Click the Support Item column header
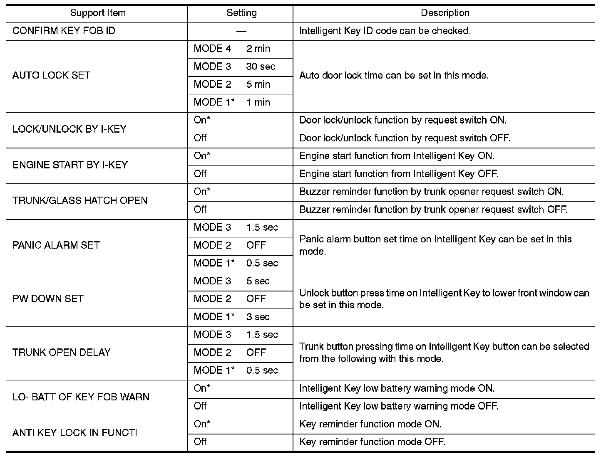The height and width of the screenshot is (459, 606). [x=98, y=13]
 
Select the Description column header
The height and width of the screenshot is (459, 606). [x=445, y=13]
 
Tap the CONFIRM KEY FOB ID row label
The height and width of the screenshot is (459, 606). [x=64, y=31]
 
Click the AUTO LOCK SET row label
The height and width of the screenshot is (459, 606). [x=51, y=76]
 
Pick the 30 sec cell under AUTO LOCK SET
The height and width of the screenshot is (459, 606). [x=261, y=67]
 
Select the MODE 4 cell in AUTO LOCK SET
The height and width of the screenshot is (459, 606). [x=212, y=49]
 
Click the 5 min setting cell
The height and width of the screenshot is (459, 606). [x=258, y=85]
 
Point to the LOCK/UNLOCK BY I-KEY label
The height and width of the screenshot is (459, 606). [x=69, y=129]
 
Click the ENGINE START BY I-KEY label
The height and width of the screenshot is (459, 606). [x=70, y=165]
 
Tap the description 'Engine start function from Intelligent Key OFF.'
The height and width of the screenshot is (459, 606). [x=399, y=174]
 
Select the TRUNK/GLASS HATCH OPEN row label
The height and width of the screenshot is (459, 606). [x=80, y=201]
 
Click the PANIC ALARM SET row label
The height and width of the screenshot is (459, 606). [x=56, y=245]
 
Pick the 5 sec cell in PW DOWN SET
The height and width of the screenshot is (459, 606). [x=258, y=281]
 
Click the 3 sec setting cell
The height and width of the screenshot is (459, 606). [x=258, y=317]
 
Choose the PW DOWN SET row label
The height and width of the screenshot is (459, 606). [x=48, y=299]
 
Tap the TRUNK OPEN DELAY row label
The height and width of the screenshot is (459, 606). [x=62, y=353]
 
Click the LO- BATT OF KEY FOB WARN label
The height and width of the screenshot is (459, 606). [x=81, y=397]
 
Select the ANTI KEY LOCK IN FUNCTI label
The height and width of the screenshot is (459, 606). [x=75, y=433]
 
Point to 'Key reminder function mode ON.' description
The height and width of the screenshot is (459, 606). [x=370, y=424]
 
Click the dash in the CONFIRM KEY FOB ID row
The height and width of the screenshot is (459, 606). [x=241, y=31]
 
